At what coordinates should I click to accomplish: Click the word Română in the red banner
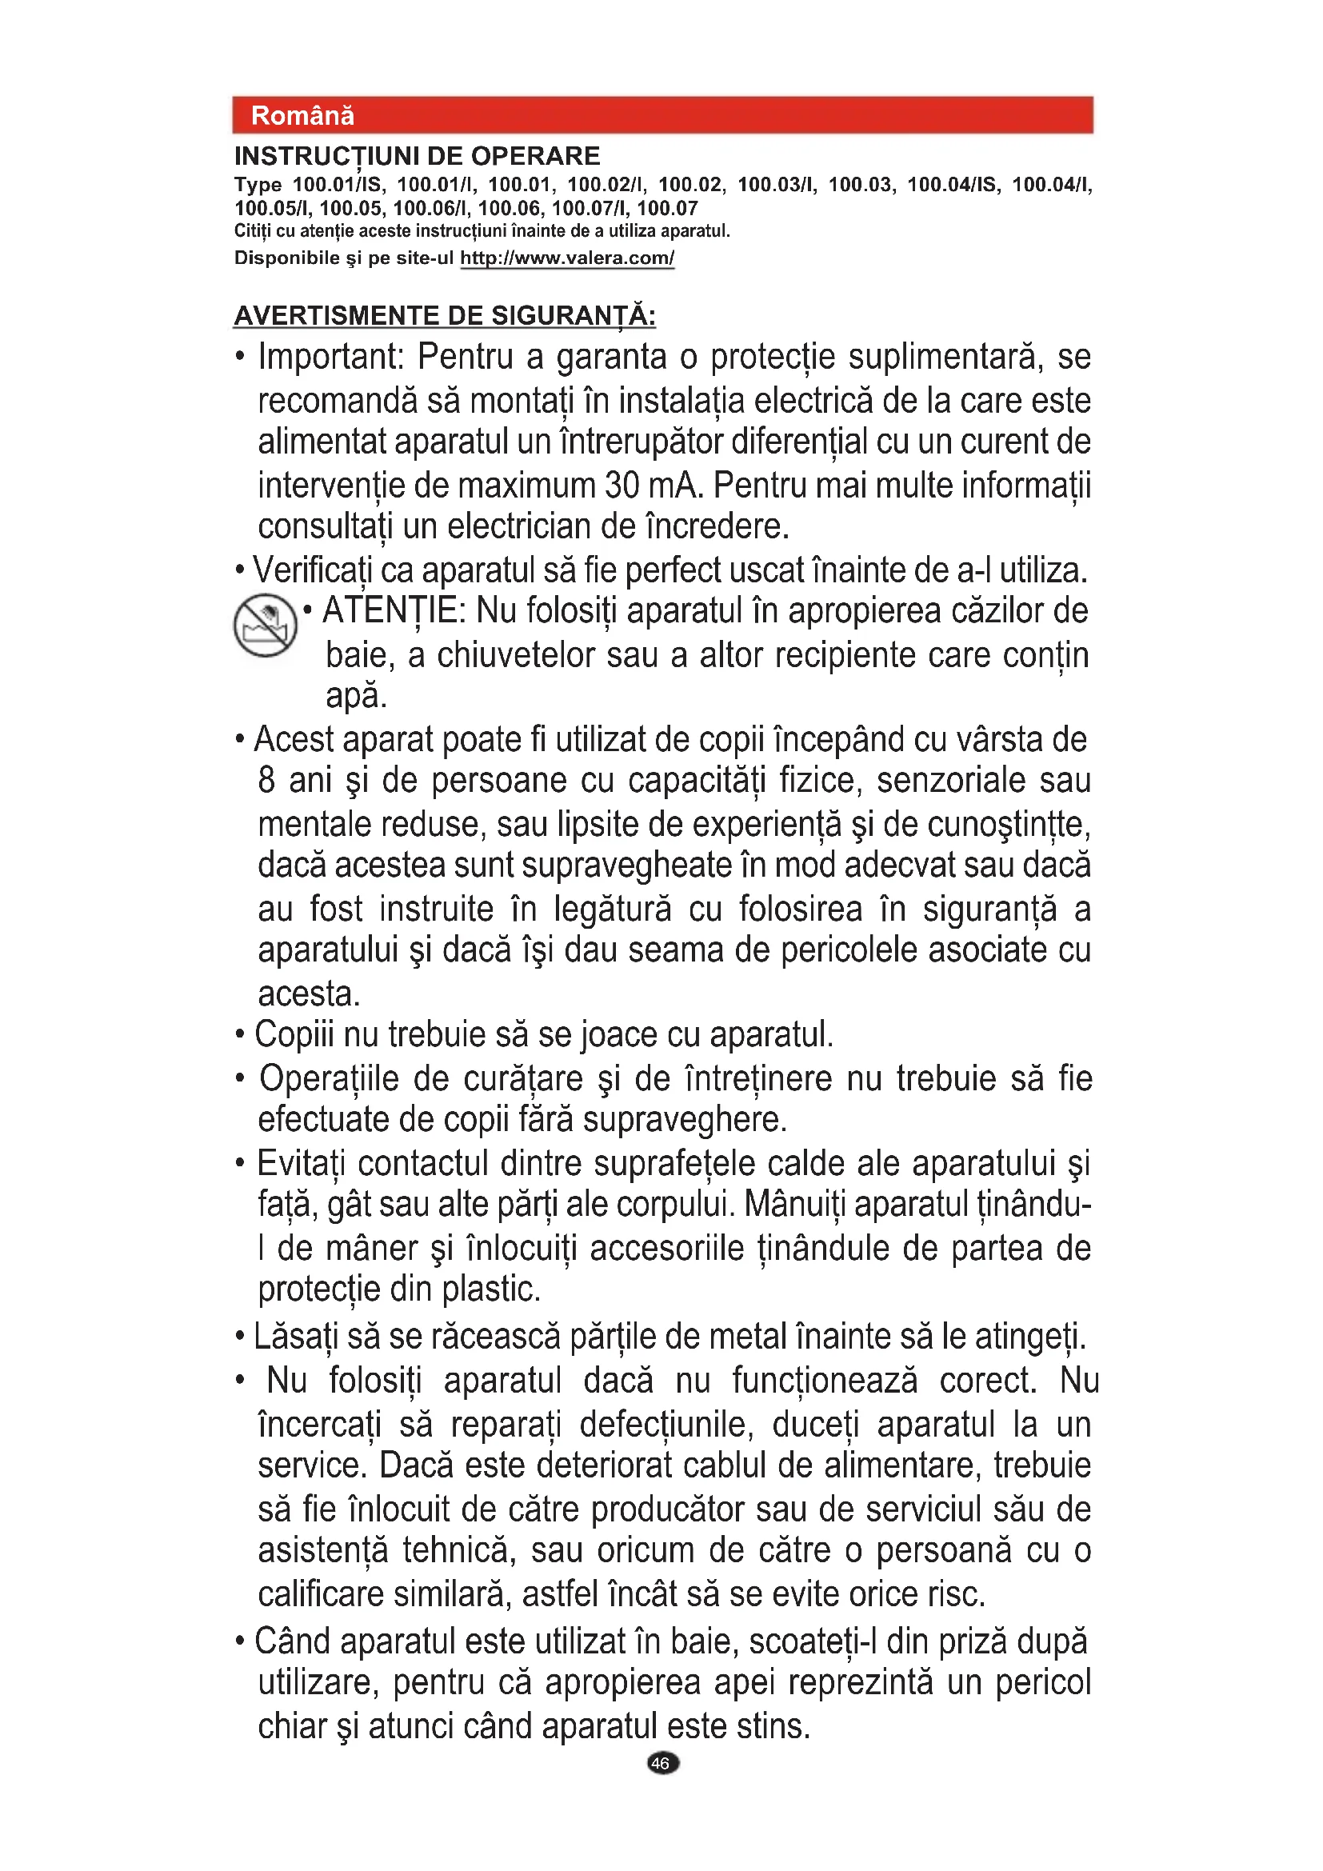point(302,116)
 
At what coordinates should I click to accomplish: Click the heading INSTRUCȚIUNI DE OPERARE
point(417,156)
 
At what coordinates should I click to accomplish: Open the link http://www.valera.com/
point(567,258)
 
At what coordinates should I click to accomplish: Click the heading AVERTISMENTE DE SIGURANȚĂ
point(445,315)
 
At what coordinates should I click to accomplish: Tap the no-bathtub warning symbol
point(265,625)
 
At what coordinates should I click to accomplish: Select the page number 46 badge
point(662,1763)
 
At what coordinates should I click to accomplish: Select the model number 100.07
point(667,209)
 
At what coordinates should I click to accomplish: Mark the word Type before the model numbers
point(258,185)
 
